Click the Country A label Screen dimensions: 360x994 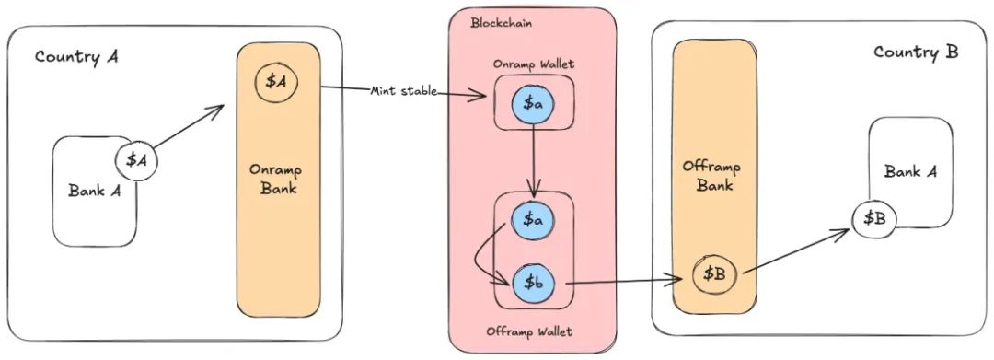pos(76,56)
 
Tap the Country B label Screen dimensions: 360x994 pos(916,52)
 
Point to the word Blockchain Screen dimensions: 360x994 pos(501,22)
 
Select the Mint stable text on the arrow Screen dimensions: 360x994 pos(404,91)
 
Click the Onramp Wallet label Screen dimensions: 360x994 pos(534,64)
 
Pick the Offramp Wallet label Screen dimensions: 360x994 pos(534,331)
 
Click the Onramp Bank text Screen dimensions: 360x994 pos(278,180)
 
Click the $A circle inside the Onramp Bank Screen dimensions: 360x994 pos(276,82)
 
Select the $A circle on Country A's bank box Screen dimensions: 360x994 pos(136,160)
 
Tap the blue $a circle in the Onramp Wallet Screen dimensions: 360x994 pos(534,104)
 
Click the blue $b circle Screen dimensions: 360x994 pos(534,282)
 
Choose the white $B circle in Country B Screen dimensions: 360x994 pos(873,218)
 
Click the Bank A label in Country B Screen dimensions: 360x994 pos(910,171)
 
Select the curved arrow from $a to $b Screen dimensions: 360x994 pos(483,258)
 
